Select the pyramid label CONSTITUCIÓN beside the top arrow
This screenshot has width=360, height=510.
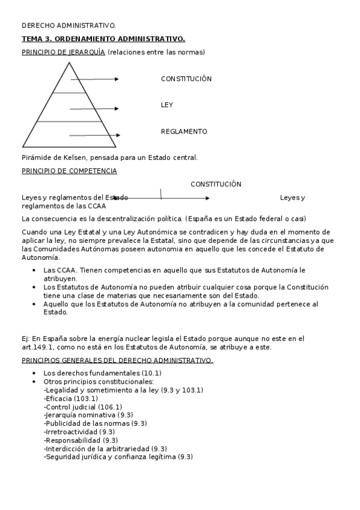coord(186,79)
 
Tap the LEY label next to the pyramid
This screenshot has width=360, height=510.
coord(166,105)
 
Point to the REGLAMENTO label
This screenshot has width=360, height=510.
coord(184,131)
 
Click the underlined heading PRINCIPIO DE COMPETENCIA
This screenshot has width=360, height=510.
coord(69,171)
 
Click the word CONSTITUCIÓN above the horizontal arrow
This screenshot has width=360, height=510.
coord(216,184)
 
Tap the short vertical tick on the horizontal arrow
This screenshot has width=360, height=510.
coord(160,194)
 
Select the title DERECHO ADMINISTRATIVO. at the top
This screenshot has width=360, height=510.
coord(69,25)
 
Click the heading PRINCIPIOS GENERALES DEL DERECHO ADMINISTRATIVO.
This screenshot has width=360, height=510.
coord(117,360)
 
